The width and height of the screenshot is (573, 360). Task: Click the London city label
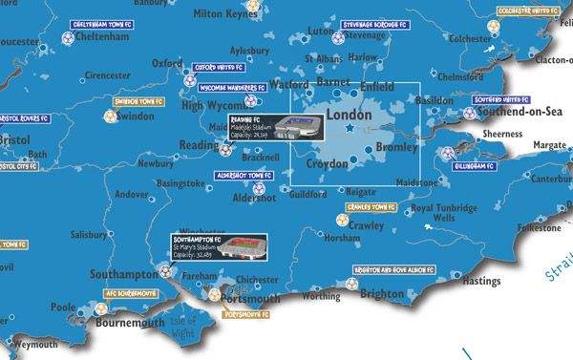click(x=349, y=114)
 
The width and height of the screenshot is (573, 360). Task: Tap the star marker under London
click(x=350, y=128)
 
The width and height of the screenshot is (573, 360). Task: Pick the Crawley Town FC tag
click(x=371, y=206)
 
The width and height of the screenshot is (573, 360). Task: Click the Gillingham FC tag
click(x=472, y=165)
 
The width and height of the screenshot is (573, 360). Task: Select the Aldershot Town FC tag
click(x=245, y=177)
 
